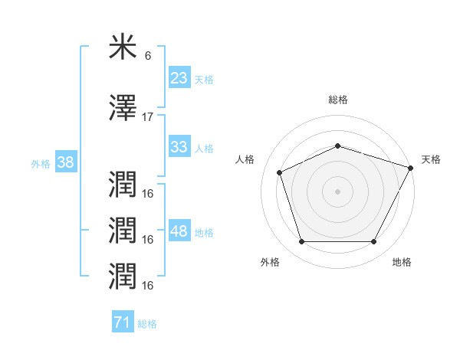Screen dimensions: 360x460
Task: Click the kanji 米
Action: click(x=123, y=48)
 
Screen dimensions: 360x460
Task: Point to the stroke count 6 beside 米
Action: click(x=148, y=57)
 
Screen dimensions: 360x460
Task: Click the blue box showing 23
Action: click(x=179, y=78)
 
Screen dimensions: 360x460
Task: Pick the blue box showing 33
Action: click(x=179, y=147)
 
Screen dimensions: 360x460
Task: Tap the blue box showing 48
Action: click(x=179, y=231)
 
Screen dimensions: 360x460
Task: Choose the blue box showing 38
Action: click(x=65, y=162)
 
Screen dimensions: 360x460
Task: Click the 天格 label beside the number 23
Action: click(x=204, y=80)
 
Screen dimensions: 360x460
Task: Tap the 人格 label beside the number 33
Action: click(x=204, y=149)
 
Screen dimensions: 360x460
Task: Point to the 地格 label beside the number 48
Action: click(x=204, y=233)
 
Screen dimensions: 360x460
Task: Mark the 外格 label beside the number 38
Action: click(x=41, y=164)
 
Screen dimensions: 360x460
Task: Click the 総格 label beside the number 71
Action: click(x=147, y=324)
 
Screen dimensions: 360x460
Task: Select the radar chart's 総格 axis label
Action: click(x=337, y=100)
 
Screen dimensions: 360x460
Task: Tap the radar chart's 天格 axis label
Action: click(x=431, y=159)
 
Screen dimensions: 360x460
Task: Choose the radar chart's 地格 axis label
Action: click(x=402, y=263)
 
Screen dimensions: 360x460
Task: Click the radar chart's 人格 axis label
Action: click(x=245, y=159)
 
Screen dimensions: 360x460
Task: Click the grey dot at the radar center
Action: click(x=337, y=191)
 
